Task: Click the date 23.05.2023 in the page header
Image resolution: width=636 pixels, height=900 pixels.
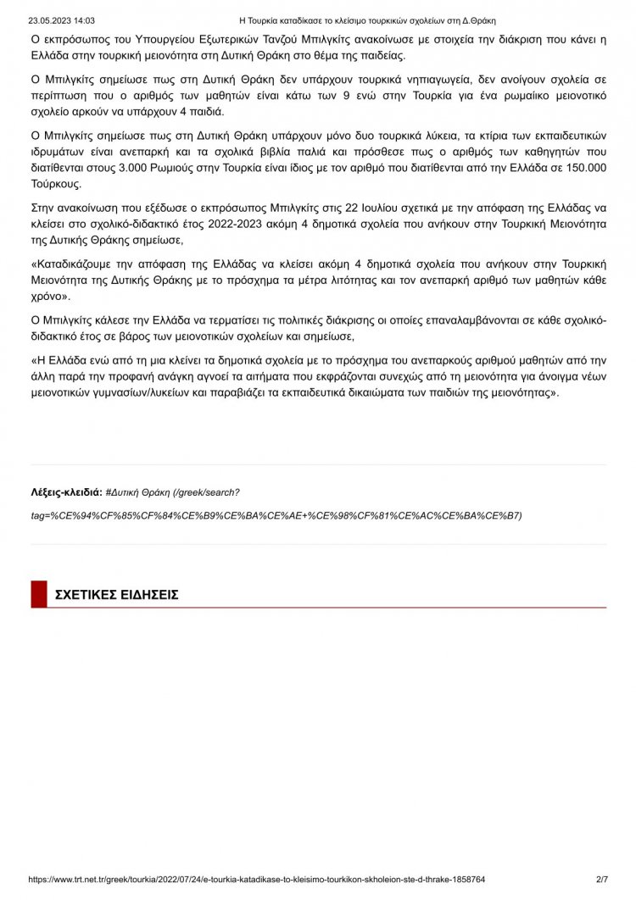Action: pos(49,20)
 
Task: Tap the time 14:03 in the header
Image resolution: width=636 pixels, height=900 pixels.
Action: pos(84,20)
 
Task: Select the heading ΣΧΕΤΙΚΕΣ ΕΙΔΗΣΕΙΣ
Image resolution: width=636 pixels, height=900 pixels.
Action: pos(116,595)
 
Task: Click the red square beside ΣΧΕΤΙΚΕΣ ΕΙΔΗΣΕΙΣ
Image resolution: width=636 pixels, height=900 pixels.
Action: pos(38,595)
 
